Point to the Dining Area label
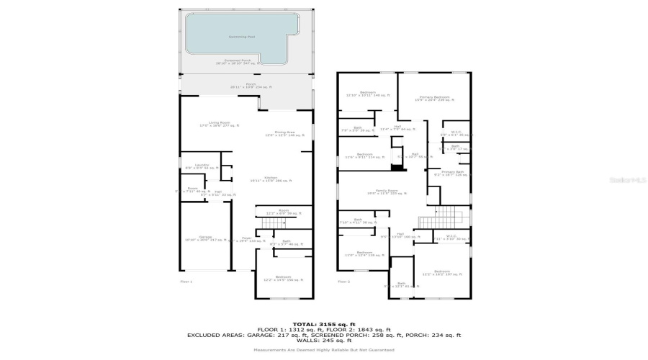pos(285,133)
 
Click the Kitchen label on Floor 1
pos(271,179)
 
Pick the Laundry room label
pos(202,166)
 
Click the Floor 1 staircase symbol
pos(269,224)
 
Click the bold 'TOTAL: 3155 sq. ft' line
pos(323,323)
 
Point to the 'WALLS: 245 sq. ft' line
pos(323,341)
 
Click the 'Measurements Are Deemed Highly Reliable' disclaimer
pos(323,350)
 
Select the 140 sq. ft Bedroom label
pos(367,94)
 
